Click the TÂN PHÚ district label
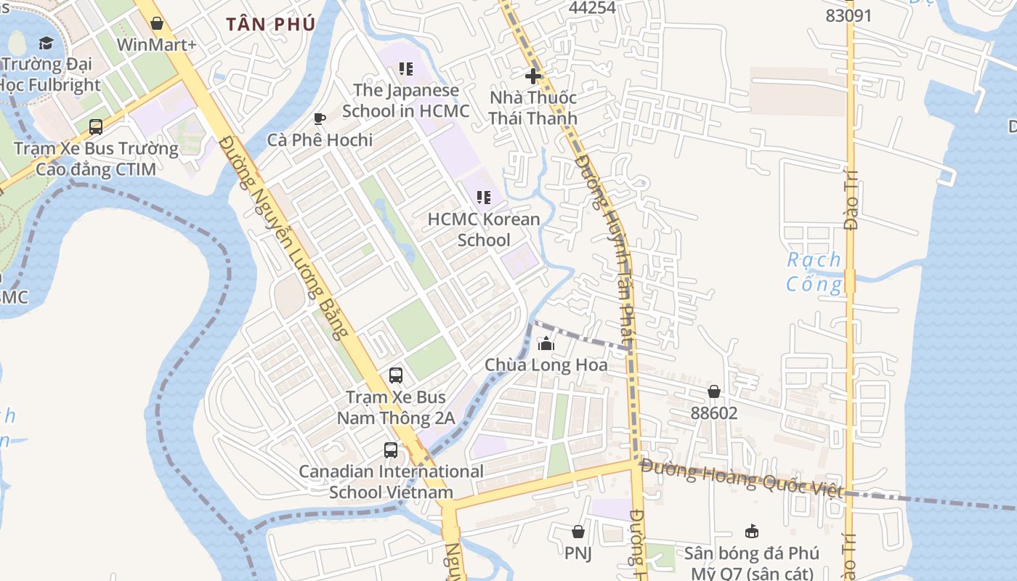(270, 24)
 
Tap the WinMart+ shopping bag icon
(156, 23)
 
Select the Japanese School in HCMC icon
(405, 69)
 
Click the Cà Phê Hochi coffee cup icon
(319, 118)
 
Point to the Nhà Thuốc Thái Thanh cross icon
(533, 76)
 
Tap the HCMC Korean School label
(484, 229)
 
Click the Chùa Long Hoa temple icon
(546, 344)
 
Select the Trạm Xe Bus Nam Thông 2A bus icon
(396, 375)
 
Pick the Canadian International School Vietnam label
(392, 482)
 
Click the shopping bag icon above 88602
(714, 392)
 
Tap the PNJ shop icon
(578, 532)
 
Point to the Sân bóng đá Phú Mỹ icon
(752, 532)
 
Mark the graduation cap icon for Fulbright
(46, 43)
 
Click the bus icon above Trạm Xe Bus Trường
(96, 127)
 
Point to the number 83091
(848, 15)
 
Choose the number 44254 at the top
(592, 8)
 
